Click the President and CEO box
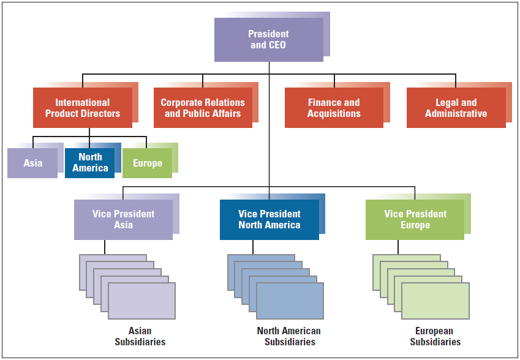coord(268,40)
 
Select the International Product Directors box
coord(83,108)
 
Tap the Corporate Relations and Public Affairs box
coord(203,108)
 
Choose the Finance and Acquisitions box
coord(334,108)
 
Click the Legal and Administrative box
coord(456,108)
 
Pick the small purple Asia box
coord(32,163)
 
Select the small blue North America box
coord(89,163)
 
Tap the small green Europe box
coord(147,163)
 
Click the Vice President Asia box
coord(123,219)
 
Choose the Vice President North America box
coord(269,219)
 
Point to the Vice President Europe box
coord(415,219)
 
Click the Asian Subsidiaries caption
coord(140,336)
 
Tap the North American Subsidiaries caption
coord(289,336)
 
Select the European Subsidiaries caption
coord(435,336)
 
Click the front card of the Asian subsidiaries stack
coord(141,301)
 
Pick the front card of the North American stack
coord(290,301)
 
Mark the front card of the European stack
coord(435,301)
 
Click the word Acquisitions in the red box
coord(334,114)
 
